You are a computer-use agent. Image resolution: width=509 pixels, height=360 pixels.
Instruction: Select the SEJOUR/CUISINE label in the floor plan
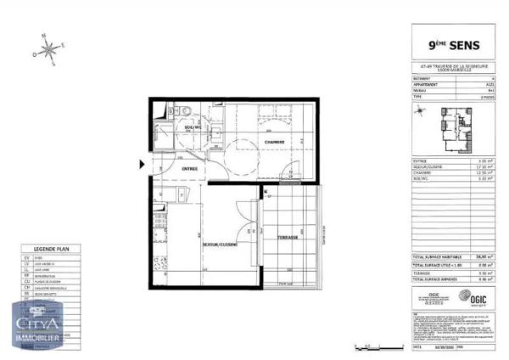point(220,245)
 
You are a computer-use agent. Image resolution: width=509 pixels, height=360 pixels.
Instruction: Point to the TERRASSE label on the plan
point(287,238)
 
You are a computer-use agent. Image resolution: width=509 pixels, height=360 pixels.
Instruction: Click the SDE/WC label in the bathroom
point(193,128)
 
